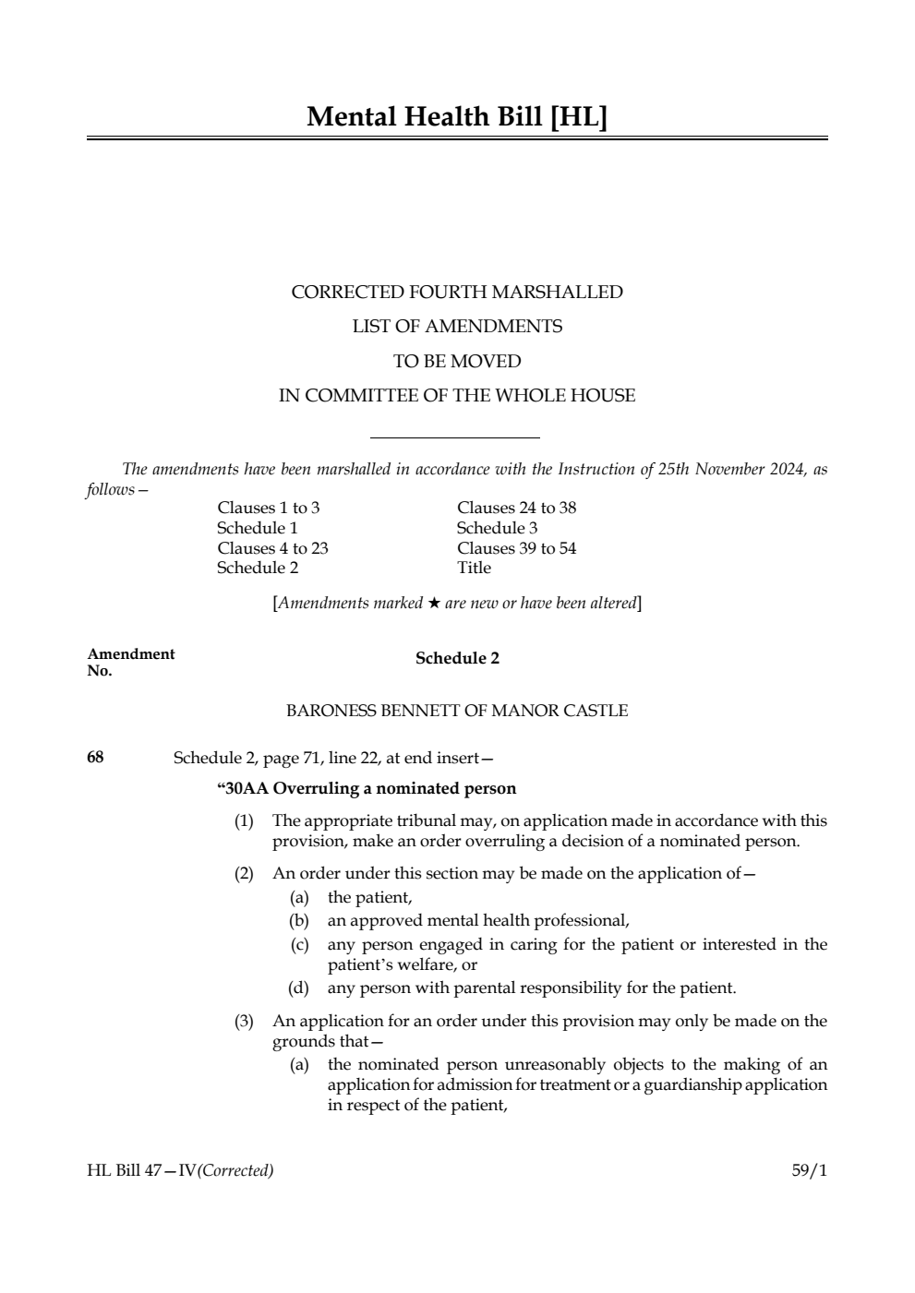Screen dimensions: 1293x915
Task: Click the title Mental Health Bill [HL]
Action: [457, 117]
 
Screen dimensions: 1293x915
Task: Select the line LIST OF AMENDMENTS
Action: [457, 327]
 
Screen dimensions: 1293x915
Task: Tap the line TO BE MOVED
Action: [457, 361]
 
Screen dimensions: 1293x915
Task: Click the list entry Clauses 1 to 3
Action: [269, 508]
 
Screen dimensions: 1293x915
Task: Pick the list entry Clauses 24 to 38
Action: [516, 508]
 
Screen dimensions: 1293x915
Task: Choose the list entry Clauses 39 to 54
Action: [516, 548]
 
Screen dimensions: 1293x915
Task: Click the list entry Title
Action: [474, 568]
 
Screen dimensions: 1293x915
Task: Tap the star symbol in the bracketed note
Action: [433, 604]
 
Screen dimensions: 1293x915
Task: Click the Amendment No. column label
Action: [130, 662]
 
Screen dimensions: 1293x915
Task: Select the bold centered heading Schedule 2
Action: [457, 658]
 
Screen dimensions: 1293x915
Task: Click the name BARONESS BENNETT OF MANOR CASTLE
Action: [457, 711]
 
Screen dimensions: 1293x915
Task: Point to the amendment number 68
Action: [95, 758]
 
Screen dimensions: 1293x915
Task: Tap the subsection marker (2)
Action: [243, 873]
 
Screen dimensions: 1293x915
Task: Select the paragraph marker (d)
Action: [298, 988]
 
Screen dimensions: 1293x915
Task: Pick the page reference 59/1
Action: [809, 1171]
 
